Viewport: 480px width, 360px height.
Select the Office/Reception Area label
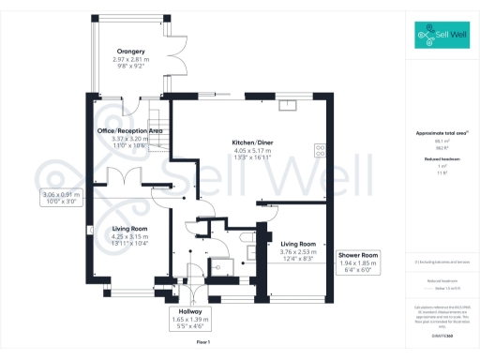click(131, 130)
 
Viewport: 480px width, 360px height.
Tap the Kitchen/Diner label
click(251, 142)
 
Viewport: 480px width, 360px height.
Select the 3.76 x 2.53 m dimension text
click(301, 250)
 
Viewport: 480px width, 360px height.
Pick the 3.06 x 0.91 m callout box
click(63, 197)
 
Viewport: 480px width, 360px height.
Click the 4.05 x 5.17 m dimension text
click(251, 151)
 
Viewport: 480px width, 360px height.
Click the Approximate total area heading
click(442, 133)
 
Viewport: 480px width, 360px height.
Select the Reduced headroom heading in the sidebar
click(442, 158)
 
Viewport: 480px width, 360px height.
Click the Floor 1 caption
click(203, 345)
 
